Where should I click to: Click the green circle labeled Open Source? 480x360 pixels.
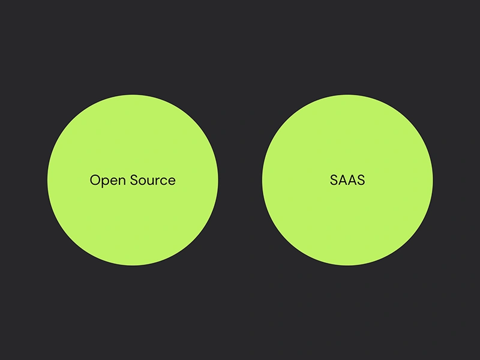tap(133, 180)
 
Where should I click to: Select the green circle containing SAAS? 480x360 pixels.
tap(347, 180)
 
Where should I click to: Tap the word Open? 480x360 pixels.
tap(108, 181)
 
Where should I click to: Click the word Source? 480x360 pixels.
tap(153, 180)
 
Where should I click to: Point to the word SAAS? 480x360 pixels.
tap(347, 180)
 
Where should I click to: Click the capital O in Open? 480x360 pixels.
tap(95, 180)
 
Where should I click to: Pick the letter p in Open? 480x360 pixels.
tap(106, 182)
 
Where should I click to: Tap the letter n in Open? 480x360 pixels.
tap(122, 182)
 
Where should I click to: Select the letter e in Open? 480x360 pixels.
tap(114, 182)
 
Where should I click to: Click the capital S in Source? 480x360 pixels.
tap(134, 180)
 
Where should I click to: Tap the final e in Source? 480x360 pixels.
tap(172, 182)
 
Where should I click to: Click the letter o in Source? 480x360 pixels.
tap(143, 182)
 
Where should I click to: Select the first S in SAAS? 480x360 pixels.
tap(334, 180)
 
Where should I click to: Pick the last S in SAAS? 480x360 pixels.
tap(361, 180)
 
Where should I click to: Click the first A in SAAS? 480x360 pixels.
tap(343, 180)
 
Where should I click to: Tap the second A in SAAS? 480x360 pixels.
tap(352, 180)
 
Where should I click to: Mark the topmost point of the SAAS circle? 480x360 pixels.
tap(347, 94)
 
